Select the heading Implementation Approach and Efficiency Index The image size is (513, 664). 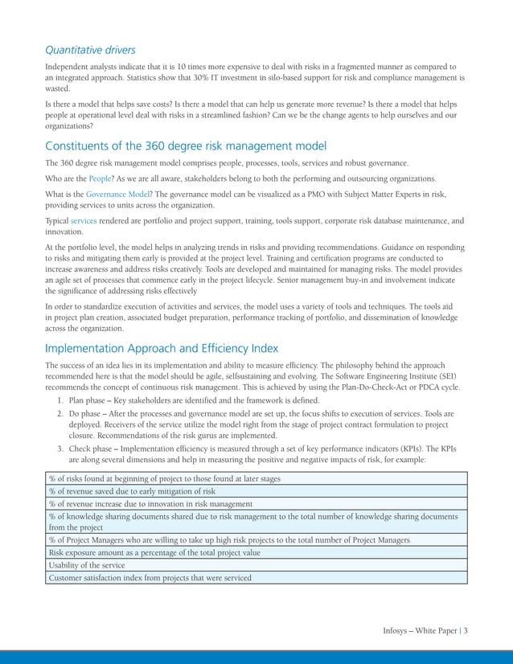(x=162, y=348)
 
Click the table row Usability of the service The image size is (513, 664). (x=87, y=565)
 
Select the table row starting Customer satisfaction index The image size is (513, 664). (x=150, y=577)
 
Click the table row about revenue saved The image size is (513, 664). (x=132, y=490)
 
